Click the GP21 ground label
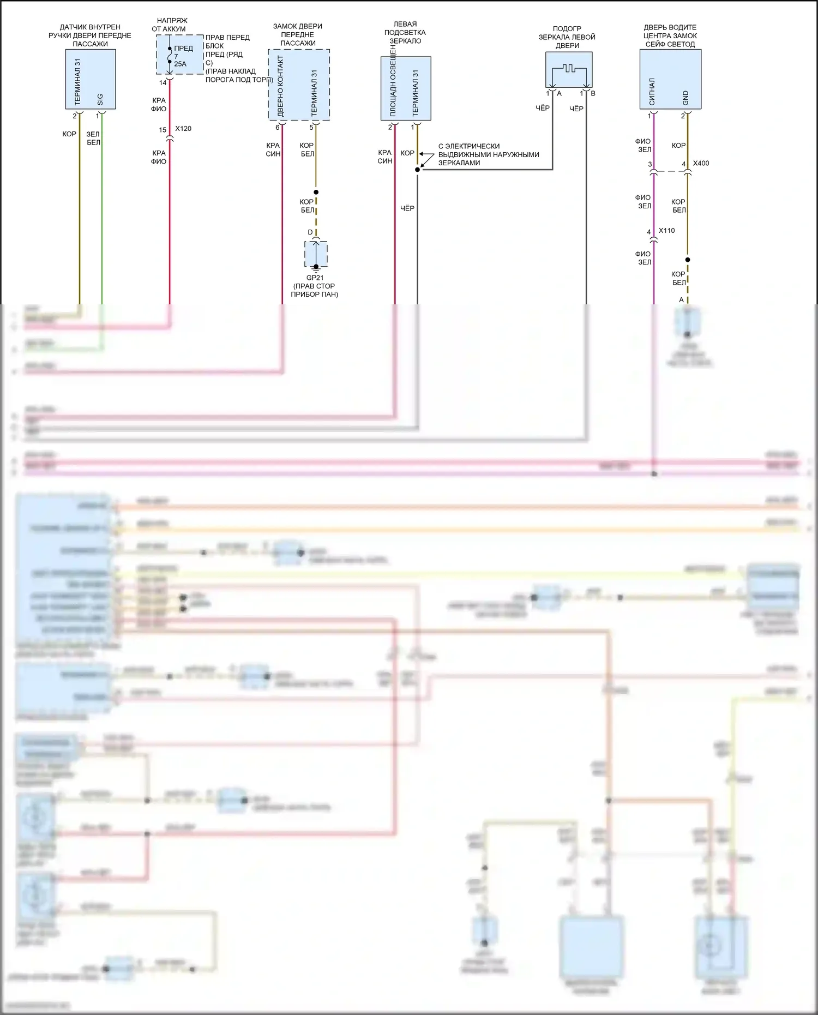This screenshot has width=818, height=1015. point(315,278)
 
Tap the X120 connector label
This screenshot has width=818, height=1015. point(183,129)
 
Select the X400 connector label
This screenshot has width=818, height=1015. point(701,163)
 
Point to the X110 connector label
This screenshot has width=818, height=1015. point(666,231)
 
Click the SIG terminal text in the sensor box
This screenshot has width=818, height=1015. point(100,99)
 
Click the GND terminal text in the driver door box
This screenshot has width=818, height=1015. point(685,98)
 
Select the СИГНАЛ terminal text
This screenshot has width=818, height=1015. point(652,92)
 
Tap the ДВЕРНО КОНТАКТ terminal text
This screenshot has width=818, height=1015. point(281,86)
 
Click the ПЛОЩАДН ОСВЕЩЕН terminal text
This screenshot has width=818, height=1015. point(393,82)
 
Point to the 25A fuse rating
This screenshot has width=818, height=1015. point(180,64)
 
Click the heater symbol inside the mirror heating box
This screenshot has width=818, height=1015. point(569,69)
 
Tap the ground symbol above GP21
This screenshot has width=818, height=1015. point(316,267)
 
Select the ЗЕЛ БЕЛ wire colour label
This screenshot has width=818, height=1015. point(93,138)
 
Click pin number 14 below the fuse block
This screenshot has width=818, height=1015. point(163,83)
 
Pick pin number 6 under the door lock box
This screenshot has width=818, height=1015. point(277,128)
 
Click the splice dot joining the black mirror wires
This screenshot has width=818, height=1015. point(417,170)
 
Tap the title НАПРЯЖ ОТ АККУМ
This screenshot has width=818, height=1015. point(169,25)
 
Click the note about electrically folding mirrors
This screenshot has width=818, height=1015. point(488,154)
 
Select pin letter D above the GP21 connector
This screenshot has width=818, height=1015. point(310,232)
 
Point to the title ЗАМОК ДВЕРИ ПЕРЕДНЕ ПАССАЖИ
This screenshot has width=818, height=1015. point(298,34)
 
